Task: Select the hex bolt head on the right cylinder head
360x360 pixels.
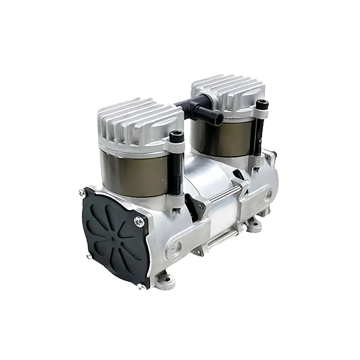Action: click(261, 104)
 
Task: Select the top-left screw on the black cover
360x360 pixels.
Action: click(82, 192)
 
